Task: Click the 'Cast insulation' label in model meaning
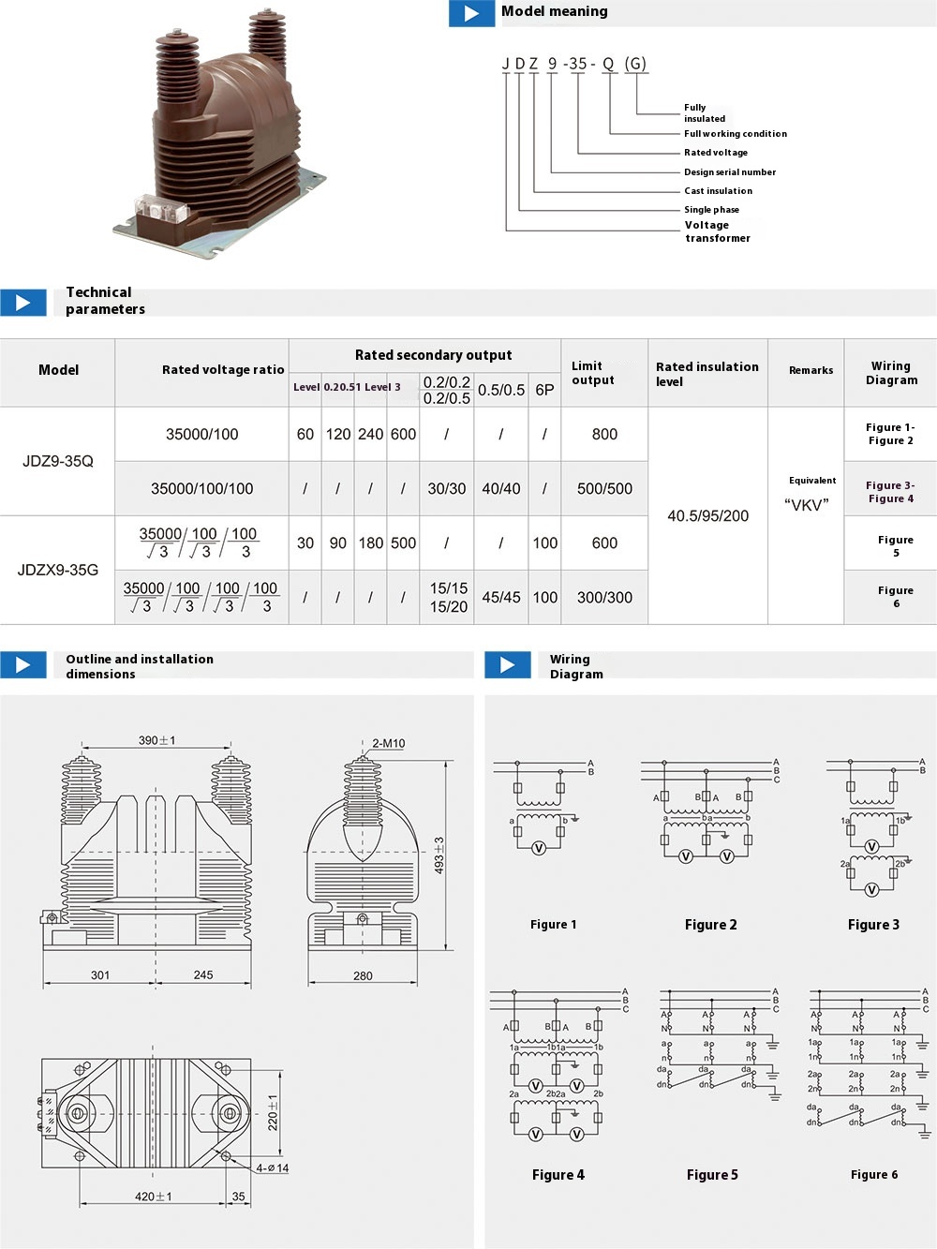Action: (x=718, y=191)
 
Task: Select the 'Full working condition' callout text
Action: (x=735, y=134)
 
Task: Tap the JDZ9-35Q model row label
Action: (x=58, y=461)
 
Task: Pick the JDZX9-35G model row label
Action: (x=58, y=570)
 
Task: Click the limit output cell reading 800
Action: (x=604, y=434)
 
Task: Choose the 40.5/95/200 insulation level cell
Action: (x=707, y=515)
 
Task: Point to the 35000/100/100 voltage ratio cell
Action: (x=201, y=488)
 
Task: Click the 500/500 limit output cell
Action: (x=604, y=488)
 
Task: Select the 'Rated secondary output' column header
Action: (x=433, y=355)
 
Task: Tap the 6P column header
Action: (x=544, y=390)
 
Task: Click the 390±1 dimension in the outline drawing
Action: (x=156, y=740)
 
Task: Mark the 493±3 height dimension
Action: (x=439, y=855)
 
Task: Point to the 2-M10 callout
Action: (x=388, y=743)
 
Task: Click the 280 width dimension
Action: (x=363, y=975)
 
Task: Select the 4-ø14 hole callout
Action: (x=273, y=1168)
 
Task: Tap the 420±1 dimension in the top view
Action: (x=154, y=1197)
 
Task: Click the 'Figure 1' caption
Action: (x=553, y=925)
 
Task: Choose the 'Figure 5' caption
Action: (x=712, y=1175)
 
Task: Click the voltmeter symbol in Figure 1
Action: (x=539, y=848)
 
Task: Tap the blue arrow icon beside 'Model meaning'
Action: (x=472, y=13)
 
